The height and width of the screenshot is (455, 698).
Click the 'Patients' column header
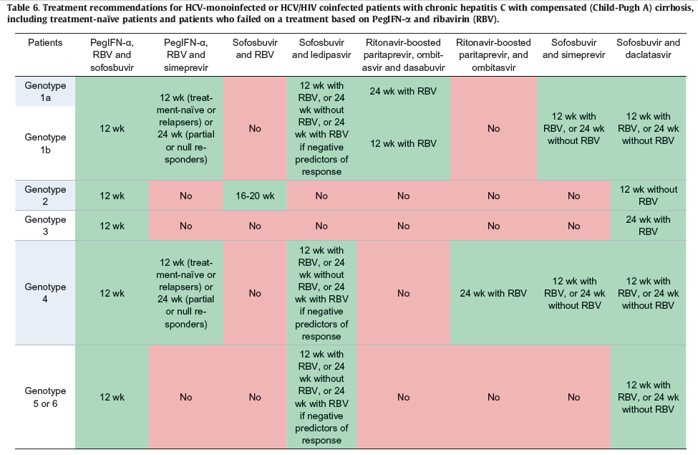coord(45,43)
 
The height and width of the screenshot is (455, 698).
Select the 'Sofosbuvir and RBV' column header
coord(255,49)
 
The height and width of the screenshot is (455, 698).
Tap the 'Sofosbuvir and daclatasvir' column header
coord(648,49)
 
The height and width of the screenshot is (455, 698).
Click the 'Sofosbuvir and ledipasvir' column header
coord(321,49)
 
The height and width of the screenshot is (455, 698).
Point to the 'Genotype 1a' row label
coord(45,91)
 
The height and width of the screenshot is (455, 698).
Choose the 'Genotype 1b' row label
coord(45,143)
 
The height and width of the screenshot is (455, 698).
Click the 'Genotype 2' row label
coord(45,196)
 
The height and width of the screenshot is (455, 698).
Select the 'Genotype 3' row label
coord(45,226)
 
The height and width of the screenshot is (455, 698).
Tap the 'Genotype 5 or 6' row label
coord(45,397)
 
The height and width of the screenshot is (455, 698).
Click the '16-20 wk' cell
coord(255,196)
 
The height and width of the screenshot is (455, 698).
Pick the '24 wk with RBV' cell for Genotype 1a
coord(403,91)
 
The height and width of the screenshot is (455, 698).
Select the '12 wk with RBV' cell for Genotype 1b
coord(403,143)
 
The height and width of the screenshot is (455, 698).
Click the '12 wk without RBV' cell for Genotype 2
coord(648,196)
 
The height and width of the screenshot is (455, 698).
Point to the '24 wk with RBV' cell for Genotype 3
coord(648,226)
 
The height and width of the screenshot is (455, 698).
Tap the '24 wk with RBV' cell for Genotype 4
coord(493,293)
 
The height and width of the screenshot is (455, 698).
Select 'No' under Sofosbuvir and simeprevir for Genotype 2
coord(574,196)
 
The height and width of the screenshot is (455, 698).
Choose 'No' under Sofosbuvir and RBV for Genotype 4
coord(255,293)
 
